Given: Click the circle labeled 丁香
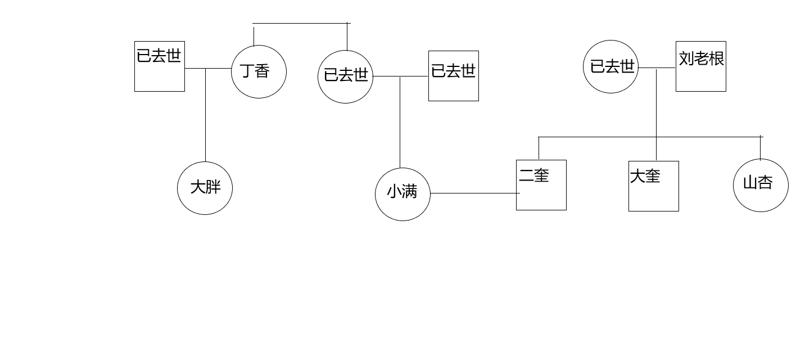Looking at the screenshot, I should [x=259, y=71].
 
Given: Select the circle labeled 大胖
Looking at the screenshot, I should [x=205, y=187].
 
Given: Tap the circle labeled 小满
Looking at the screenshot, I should [x=402, y=193].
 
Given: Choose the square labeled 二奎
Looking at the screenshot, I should [x=541, y=185].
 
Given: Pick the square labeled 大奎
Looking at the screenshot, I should [x=653, y=186].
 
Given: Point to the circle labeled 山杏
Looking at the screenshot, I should [x=761, y=184].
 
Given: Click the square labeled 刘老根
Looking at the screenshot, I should [x=700, y=66].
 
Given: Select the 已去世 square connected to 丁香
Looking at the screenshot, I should [x=160, y=66].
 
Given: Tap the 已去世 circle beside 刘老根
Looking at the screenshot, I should [x=610, y=66].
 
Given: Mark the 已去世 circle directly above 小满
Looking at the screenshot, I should [x=345, y=76].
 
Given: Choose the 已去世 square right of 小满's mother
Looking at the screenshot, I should [x=453, y=76].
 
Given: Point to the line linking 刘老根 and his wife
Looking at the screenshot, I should [x=657, y=68].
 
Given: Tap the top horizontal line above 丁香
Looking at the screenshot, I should [x=301, y=24].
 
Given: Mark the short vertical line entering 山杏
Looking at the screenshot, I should [x=760, y=148].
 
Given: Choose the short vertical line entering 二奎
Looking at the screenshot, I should [x=539, y=148].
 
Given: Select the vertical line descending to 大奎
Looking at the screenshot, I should [x=656, y=112].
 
